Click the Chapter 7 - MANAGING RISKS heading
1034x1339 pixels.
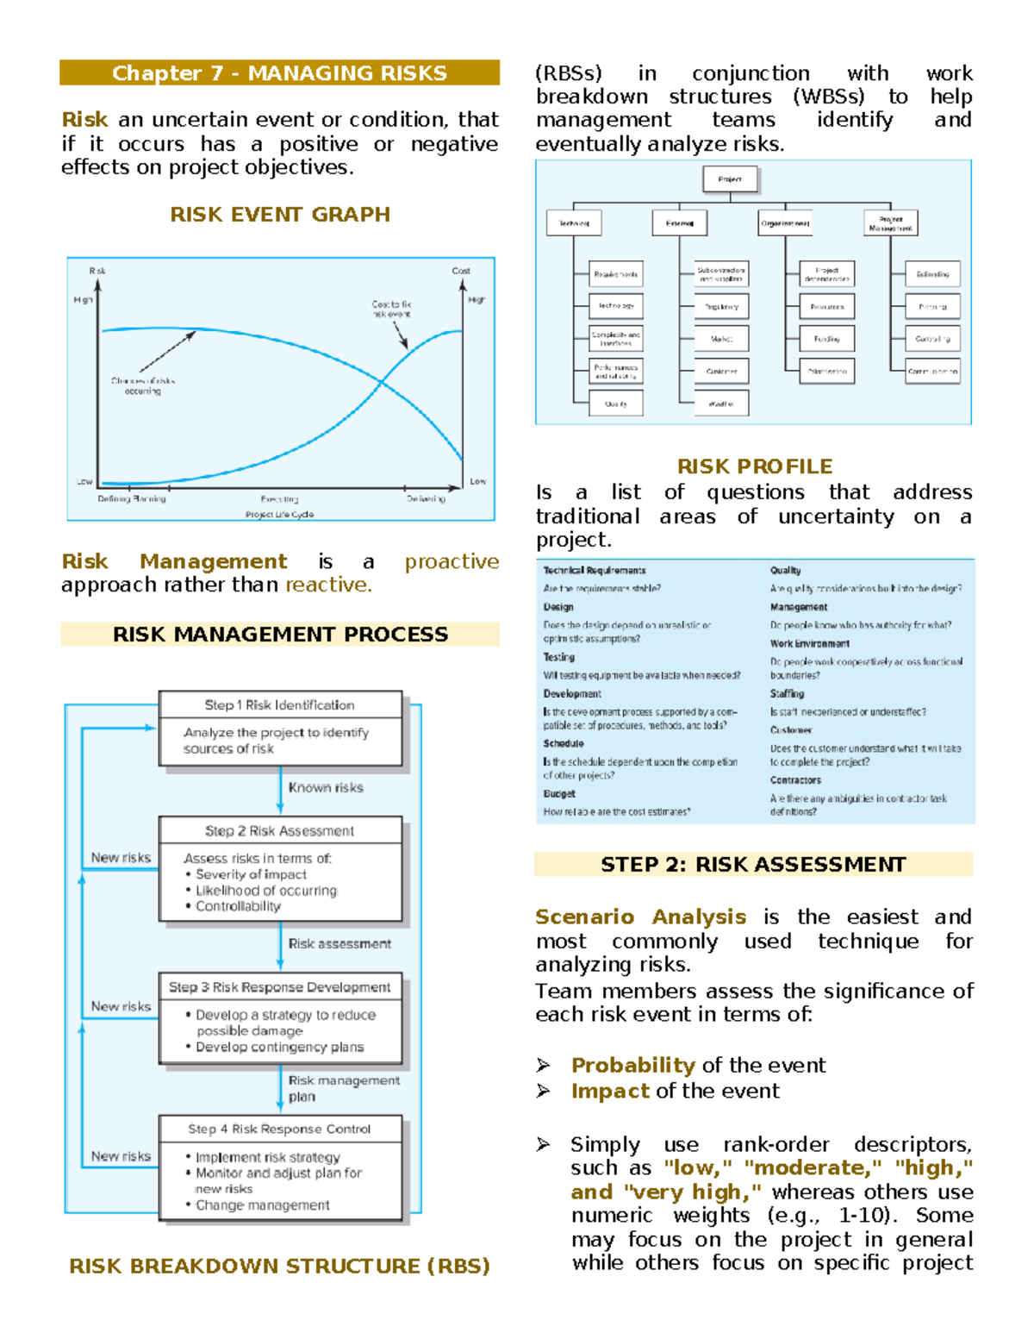pyautogui.click(x=279, y=73)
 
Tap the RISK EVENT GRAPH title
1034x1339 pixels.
pyautogui.click(x=279, y=215)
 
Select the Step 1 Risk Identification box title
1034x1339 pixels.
pyautogui.click(x=279, y=704)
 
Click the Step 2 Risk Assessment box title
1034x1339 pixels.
pyautogui.click(x=279, y=830)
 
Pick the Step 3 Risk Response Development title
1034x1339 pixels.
pyautogui.click(x=279, y=987)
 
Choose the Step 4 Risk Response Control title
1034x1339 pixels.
pyautogui.click(x=279, y=1129)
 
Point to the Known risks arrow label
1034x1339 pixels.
pyautogui.click(x=326, y=787)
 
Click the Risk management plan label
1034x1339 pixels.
pyautogui.click(x=343, y=1088)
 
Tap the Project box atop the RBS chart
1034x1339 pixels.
pyautogui.click(x=730, y=179)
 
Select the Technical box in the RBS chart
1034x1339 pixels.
pyautogui.click(x=574, y=223)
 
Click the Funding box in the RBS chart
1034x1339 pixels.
pyautogui.click(x=826, y=339)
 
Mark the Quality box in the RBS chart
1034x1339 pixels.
pyautogui.click(x=616, y=403)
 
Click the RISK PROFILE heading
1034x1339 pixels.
pyautogui.click(x=754, y=466)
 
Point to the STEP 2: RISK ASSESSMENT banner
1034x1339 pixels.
pyautogui.click(x=753, y=865)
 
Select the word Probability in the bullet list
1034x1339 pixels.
pyautogui.click(x=632, y=1066)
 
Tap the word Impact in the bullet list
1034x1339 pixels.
pyautogui.click(x=610, y=1092)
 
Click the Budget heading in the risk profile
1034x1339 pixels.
pyautogui.click(x=559, y=794)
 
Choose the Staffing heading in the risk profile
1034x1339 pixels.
pyautogui.click(x=787, y=694)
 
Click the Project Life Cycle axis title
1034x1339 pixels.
pyautogui.click(x=279, y=515)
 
